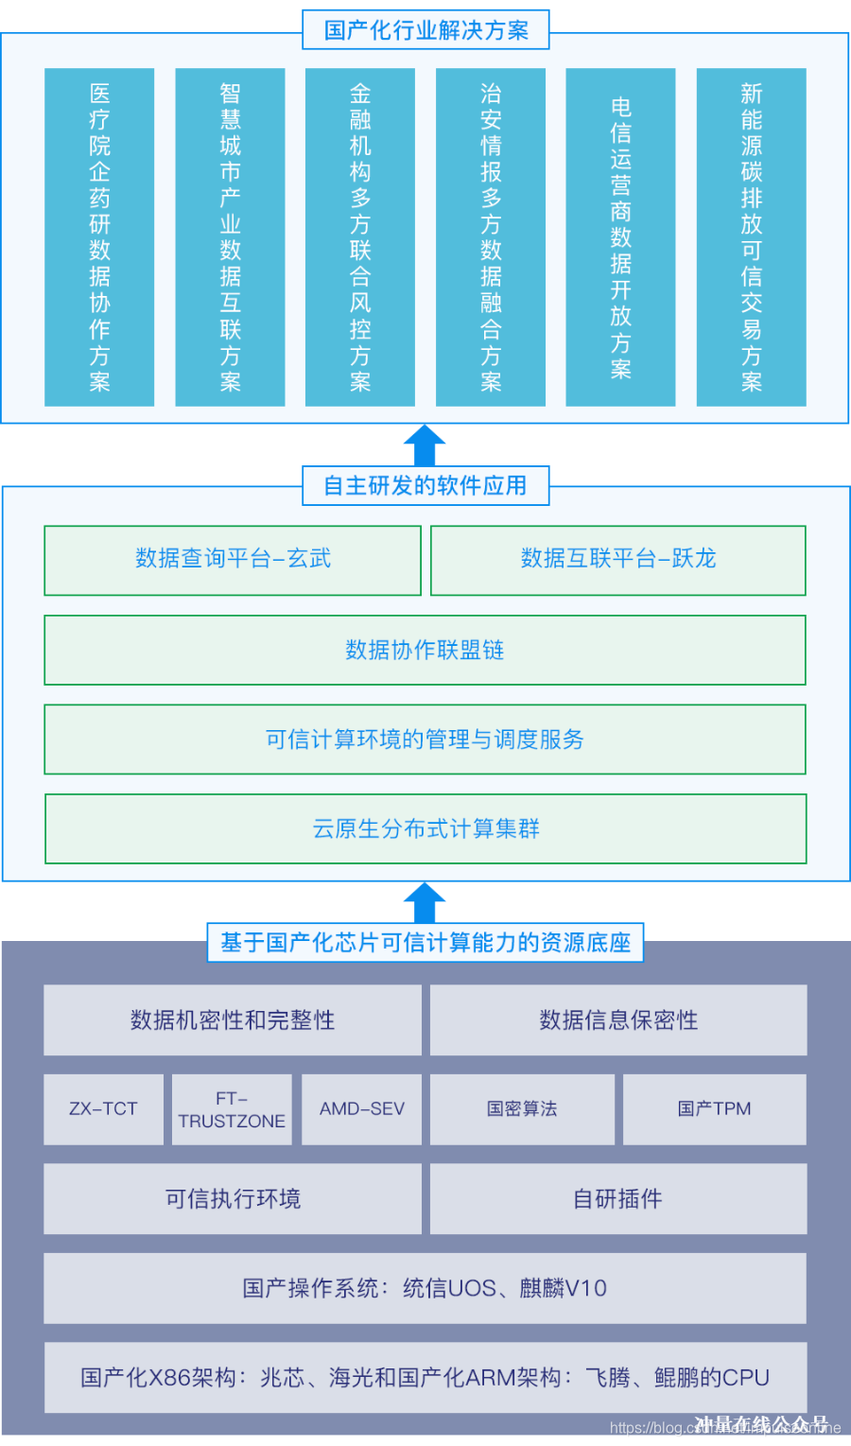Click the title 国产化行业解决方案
(x=425, y=30)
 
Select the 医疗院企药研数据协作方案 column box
(x=99, y=237)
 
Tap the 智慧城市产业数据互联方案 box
(x=230, y=237)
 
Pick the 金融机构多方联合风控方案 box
(x=360, y=237)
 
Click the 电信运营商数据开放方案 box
(x=620, y=237)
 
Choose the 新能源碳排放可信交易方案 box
(x=751, y=237)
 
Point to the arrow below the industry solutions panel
(x=425, y=444)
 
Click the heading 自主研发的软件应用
(x=425, y=486)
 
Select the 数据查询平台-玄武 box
(x=233, y=560)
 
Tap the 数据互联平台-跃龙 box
(x=618, y=560)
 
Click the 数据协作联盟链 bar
(x=425, y=650)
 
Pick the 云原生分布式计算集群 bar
(x=425, y=828)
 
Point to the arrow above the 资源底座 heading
(x=425, y=902)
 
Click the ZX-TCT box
(x=103, y=1108)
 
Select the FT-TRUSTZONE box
(x=232, y=1108)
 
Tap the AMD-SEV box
(x=361, y=1108)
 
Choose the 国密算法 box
(x=522, y=1108)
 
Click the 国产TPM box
(x=714, y=1108)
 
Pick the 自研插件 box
(x=618, y=1198)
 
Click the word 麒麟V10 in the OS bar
(x=563, y=1288)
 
